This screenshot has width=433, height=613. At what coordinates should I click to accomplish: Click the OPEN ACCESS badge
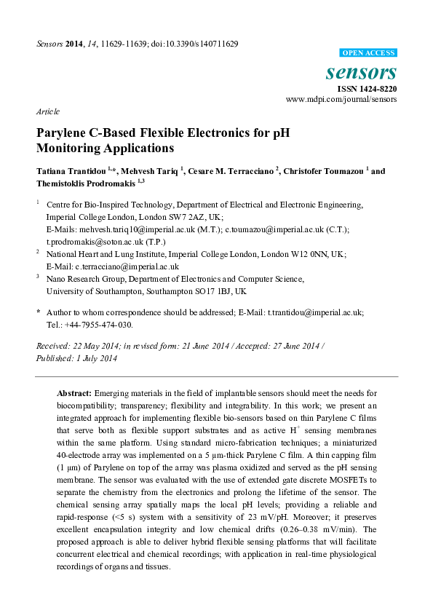(x=368, y=53)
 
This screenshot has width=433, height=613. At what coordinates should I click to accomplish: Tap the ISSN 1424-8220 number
(x=367, y=89)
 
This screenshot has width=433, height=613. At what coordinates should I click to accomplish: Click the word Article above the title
(x=47, y=111)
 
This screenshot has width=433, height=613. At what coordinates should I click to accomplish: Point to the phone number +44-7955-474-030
(x=101, y=325)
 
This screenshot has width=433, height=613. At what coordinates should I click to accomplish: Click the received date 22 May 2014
(x=98, y=347)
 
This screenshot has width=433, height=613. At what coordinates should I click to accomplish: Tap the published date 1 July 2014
(x=94, y=358)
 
